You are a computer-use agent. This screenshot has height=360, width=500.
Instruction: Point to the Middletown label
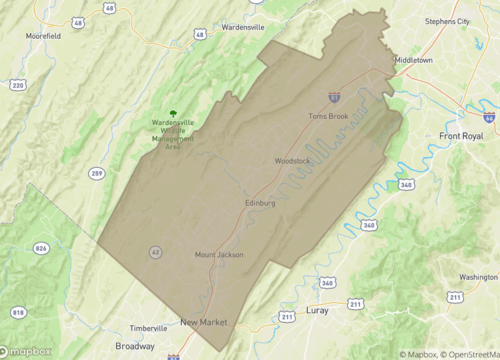tap(414, 60)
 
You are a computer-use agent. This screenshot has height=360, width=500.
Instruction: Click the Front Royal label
tap(461, 135)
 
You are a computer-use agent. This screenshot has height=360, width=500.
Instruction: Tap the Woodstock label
tap(293, 161)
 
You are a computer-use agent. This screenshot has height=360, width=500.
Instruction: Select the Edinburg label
tap(259, 203)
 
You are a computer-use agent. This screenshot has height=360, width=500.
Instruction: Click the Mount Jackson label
tap(219, 254)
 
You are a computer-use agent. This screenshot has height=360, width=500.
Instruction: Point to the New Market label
tap(204, 322)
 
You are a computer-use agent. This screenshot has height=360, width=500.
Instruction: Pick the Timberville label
tap(151, 328)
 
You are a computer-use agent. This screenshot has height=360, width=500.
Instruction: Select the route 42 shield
tap(154, 251)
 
